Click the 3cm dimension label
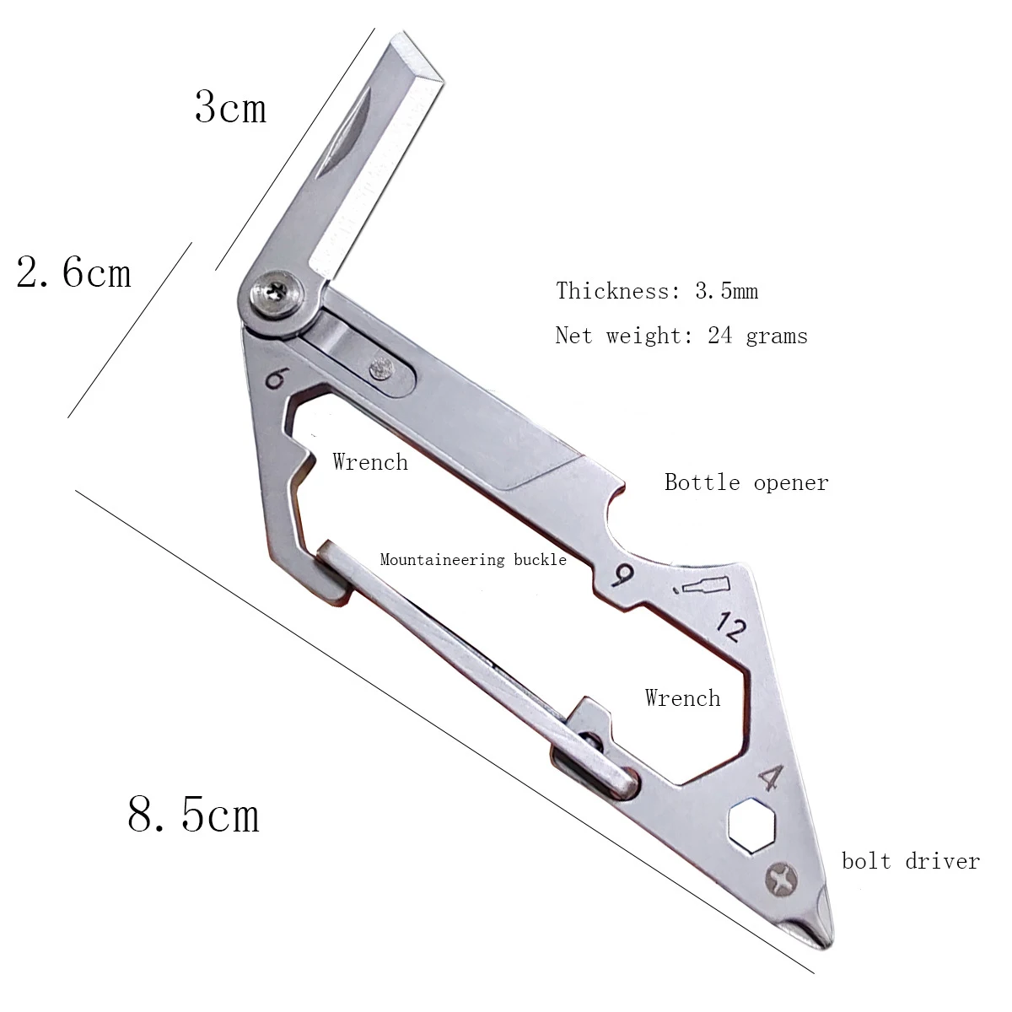[230, 108]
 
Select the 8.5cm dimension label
[193, 814]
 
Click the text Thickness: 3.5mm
[657, 291]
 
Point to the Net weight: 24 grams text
[681, 336]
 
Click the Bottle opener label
[746, 482]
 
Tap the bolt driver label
[911, 861]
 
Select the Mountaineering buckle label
[473, 559]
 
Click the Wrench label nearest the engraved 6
[370, 462]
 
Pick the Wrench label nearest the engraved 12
[682, 697]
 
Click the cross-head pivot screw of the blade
[276, 293]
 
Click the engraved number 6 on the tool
[274, 380]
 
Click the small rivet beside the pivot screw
[381, 367]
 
